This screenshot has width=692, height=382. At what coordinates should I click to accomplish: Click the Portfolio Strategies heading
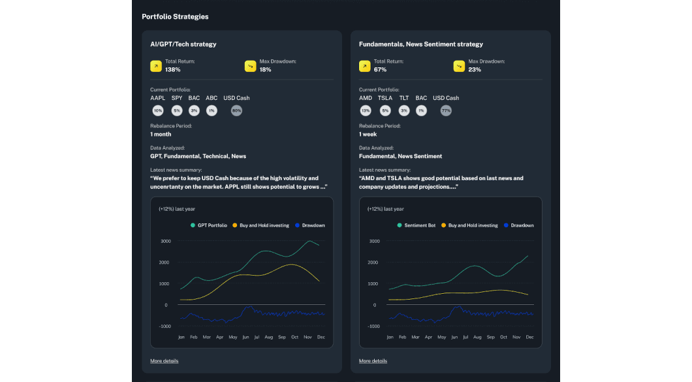tap(175, 16)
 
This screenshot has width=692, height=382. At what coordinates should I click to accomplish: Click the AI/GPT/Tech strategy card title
tap(183, 44)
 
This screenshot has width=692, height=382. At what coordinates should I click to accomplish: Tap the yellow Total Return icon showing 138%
tap(155, 66)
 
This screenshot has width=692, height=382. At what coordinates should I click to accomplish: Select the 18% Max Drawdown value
tap(265, 70)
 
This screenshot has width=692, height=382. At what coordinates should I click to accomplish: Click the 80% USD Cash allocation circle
tap(236, 111)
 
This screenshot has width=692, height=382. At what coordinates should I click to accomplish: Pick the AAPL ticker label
tap(157, 98)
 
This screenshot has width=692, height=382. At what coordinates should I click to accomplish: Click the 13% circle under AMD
tap(366, 111)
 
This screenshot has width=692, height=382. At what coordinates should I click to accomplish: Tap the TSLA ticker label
tap(385, 98)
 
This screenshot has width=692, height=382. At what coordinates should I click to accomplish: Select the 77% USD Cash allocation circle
tap(446, 111)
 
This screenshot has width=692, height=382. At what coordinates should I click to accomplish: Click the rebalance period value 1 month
tap(161, 135)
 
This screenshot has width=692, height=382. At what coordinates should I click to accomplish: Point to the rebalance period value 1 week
tap(368, 135)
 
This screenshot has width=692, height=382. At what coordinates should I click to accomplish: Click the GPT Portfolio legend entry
tap(209, 225)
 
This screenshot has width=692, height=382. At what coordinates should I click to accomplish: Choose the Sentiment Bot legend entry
tap(417, 225)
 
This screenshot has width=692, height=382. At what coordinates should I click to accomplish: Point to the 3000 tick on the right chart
tap(374, 241)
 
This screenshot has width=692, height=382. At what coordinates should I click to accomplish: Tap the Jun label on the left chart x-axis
tap(245, 337)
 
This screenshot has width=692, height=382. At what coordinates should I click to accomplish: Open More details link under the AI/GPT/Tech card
tap(164, 361)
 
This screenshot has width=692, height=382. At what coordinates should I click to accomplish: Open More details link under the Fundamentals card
tap(373, 361)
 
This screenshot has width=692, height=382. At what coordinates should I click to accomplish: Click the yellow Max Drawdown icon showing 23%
tap(458, 66)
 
